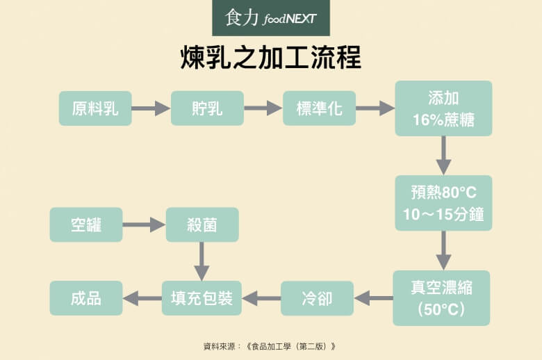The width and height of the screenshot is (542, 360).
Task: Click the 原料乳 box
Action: click(x=95, y=108)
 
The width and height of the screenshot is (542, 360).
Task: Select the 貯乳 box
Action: click(x=207, y=108)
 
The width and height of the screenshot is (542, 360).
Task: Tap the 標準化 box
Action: click(x=319, y=108)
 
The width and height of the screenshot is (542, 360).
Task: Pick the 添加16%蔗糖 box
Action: click(x=443, y=108)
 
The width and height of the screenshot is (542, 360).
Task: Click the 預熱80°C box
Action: click(x=443, y=203)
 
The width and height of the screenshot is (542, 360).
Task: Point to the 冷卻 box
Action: click(x=317, y=298)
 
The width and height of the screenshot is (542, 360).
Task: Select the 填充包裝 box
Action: click(x=202, y=298)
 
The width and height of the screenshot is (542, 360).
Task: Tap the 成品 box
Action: click(x=86, y=298)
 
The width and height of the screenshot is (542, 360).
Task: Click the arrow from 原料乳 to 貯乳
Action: click(x=151, y=108)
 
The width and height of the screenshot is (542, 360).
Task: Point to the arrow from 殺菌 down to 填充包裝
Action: click(x=202, y=261)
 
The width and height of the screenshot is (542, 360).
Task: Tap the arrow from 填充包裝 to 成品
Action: click(x=142, y=298)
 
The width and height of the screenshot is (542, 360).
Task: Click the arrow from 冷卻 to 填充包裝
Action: click(x=261, y=298)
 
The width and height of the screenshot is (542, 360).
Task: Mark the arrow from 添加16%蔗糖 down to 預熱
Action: click(x=443, y=156)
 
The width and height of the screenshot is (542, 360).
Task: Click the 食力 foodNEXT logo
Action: click(x=271, y=18)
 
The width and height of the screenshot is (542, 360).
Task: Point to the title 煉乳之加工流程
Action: click(x=271, y=58)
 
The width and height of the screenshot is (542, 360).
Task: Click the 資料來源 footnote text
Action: click(x=271, y=345)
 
